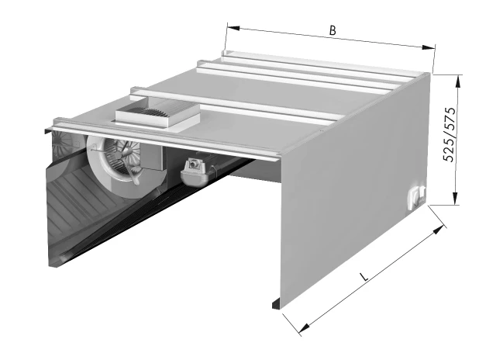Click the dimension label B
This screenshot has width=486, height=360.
[333, 30]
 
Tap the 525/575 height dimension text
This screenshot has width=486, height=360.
[450, 134]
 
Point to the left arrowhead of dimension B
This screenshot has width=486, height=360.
[233, 28]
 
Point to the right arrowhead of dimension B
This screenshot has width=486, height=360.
[429, 47]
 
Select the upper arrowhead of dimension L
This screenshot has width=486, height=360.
[439, 229]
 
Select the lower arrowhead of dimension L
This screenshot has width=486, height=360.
[305, 327]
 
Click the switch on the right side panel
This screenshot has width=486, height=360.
[417, 196]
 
